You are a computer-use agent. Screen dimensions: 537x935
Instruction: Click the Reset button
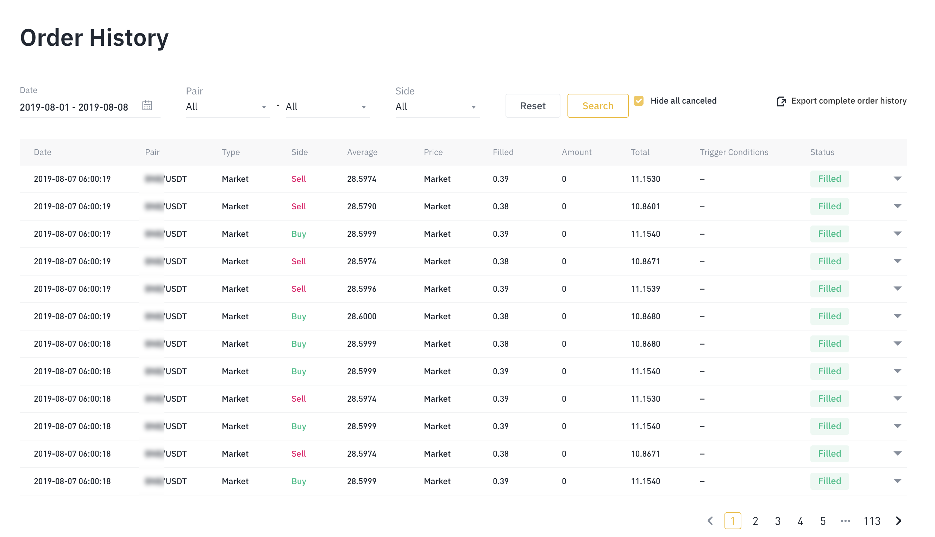532,106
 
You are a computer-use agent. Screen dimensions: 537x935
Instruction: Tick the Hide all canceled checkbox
639,101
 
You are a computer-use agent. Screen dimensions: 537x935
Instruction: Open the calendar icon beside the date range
147,105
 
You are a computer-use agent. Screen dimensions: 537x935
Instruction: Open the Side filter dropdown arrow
473,107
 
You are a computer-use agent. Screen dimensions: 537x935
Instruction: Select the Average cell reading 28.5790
362,206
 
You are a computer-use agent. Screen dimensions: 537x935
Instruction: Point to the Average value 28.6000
362,316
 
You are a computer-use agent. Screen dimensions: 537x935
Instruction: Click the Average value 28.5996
362,289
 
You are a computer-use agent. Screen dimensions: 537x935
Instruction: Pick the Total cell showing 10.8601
645,206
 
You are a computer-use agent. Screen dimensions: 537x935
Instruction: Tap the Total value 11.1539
645,289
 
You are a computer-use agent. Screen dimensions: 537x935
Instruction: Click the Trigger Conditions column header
734,152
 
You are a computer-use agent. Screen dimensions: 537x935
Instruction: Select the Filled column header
503,152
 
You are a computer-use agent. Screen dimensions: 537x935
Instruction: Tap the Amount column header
576,152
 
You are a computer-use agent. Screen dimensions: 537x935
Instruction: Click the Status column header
822,152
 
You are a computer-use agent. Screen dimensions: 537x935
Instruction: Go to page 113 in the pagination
872,521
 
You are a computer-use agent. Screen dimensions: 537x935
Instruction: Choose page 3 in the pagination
777,521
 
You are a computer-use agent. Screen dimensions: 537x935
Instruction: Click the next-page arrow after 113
898,521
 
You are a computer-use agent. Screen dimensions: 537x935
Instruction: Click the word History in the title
128,38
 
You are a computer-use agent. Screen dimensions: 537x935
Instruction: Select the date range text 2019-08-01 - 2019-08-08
74,107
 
